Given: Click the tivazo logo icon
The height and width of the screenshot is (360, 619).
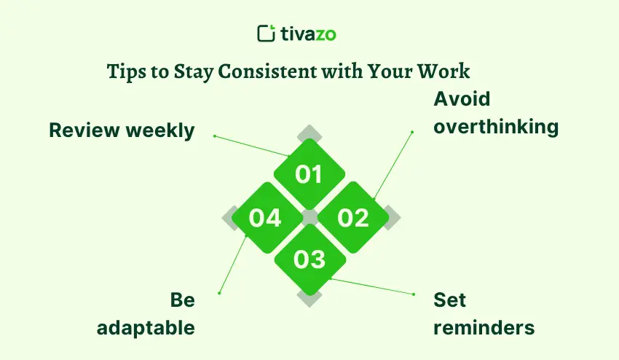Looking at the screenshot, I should click(267, 34).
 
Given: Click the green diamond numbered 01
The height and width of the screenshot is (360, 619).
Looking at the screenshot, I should click(309, 174).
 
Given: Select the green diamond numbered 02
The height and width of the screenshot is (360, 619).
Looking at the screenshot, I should click(353, 217).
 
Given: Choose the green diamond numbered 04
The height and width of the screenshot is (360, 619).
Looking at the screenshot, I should click(265, 217).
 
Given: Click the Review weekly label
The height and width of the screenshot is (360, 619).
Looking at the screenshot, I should click(122, 130).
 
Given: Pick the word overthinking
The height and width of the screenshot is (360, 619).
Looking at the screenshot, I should click(496, 126).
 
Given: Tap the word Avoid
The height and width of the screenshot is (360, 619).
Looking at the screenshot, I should click(462, 99).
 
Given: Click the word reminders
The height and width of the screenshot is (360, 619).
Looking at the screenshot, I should click(484, 327).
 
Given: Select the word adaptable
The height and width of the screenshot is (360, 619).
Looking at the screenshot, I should click(146, 327).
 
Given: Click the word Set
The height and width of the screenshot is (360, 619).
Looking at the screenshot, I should click(449, 300).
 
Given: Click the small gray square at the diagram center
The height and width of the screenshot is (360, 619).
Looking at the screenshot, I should click(309, 217).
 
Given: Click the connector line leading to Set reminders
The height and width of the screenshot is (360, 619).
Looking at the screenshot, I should click(371, 286).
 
